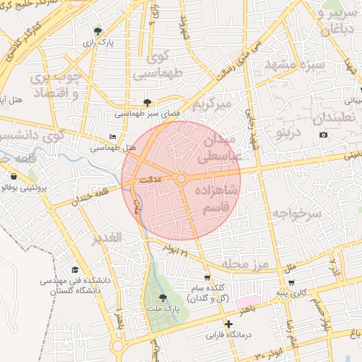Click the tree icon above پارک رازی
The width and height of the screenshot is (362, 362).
(x=98, y=31)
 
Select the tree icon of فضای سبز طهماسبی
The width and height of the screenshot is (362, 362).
(x=147, y=103)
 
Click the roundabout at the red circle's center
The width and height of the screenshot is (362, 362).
(x=181, y=180)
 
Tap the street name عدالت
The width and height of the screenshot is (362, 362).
(x=151, y=180)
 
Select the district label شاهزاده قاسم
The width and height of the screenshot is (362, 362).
(x=221, y=201)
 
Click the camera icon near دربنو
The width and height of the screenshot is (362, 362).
(x=324, y=134)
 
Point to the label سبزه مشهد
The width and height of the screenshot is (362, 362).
(x=293, y=64)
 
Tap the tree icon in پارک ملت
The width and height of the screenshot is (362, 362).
(x=163, y=298)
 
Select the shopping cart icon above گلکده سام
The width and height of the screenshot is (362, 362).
(x=206, y=278)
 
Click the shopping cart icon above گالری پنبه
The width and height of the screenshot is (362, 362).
(x=291, y=282)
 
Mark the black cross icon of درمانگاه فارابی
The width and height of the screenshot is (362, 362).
(x=228, y=324)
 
